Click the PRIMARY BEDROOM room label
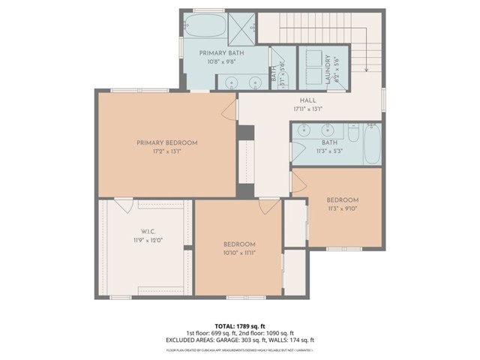pos(166,142)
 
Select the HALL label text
pos(307,100)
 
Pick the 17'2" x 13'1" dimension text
pos(166,151)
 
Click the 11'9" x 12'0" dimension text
pos(146,240)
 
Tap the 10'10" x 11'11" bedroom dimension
pos(239,253)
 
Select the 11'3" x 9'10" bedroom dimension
pos(342,208)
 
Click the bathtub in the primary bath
pos(204,25)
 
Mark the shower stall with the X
pos(241,25)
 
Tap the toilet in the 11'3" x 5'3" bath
pos(350,130)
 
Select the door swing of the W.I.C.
pos(124,204)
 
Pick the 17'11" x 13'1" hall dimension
pos(307,109)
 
